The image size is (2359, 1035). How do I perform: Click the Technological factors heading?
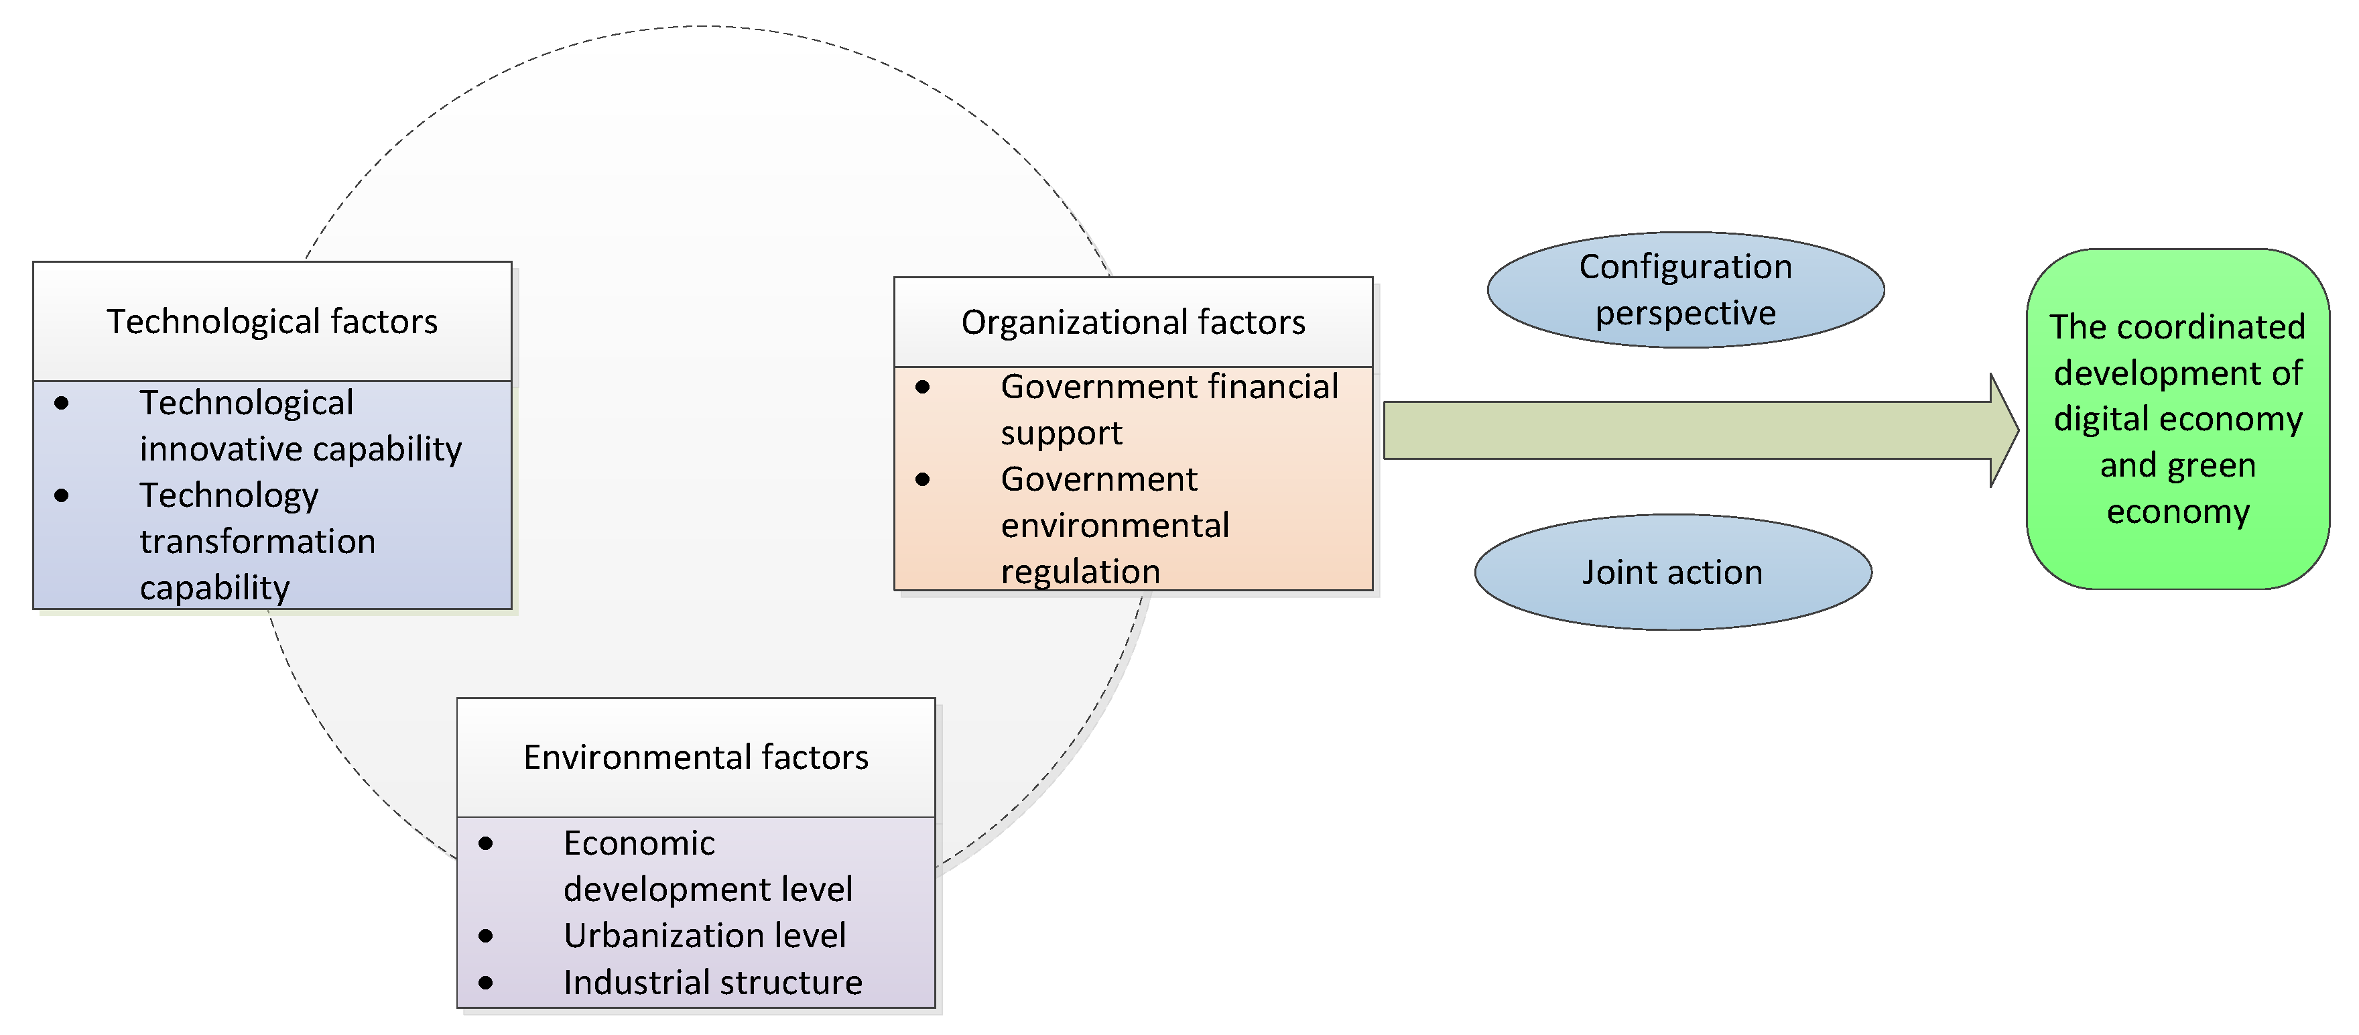(272, 322)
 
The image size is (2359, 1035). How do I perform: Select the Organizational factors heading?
(1133, 322)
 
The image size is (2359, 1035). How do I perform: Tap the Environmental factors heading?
(696, 757)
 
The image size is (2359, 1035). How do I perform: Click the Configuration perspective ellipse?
(1685, 290)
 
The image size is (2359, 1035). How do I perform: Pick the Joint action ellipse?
(1672, 572)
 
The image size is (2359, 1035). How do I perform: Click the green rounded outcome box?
(2177, 418)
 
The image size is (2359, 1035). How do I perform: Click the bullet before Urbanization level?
(485, 936)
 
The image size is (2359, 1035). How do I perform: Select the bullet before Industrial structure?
(485, 983)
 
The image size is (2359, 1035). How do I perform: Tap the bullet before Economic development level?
(485, 843)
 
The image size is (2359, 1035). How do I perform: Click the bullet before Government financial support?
(922, 387)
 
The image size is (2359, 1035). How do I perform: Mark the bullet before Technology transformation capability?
(62, 495)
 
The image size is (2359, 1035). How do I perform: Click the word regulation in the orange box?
(1080, 572)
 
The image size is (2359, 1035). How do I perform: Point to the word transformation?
(257, 542)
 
